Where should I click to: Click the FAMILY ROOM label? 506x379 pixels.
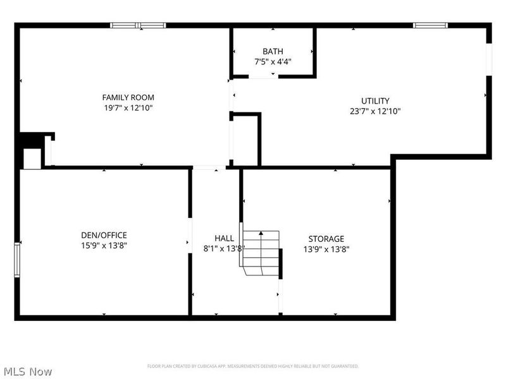tap(128, 97)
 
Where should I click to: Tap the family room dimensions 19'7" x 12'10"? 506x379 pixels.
tap(128, 108)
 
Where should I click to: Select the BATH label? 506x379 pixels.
tap(273, 51)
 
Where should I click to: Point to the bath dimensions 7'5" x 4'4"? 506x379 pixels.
tap(273, 62)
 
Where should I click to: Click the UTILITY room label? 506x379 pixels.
tap(375, 100)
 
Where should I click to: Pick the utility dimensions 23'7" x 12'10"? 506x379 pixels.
tap(375, 111)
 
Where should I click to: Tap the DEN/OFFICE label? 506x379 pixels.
tap(104, 235)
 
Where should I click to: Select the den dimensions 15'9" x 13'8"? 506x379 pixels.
tap(104, 246)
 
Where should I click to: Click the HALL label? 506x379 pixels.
tap(224, 238)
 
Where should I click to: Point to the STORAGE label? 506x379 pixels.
tap(326, 238)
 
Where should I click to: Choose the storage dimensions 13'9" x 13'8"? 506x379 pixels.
tap(326, 249)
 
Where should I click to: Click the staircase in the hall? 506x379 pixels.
tap(260, 253)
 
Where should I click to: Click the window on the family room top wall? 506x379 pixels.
tap(138, 25)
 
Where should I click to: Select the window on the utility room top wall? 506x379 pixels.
tap(430, 25)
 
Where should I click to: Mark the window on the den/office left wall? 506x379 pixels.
tap(18, 260)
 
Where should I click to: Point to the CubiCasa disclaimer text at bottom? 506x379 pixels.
tap(253, 366)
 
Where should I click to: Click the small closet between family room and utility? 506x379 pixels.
tap(246, 140)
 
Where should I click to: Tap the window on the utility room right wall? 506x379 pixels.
tap(488, 59)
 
